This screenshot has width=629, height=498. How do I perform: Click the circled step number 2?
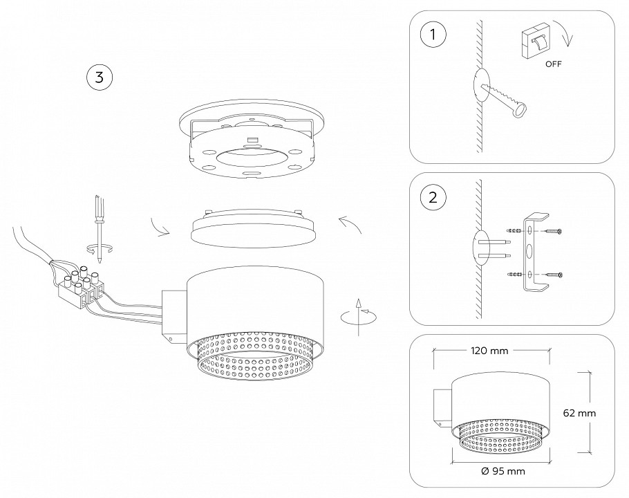pyautogui.click(x=433, y=197)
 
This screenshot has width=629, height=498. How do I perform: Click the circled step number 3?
pyautogui.click(x=99, y=77)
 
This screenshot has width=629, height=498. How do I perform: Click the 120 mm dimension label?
pyautogui.click(x=489, y=351)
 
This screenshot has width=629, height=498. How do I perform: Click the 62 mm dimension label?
pyautogui.click(x=580, y=412)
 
